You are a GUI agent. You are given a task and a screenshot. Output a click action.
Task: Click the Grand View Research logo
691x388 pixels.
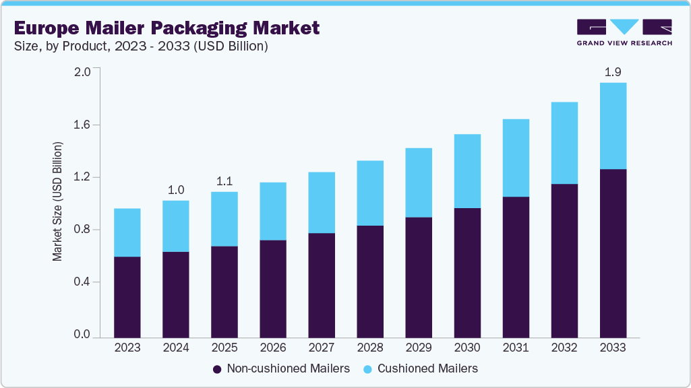tap(624, 32)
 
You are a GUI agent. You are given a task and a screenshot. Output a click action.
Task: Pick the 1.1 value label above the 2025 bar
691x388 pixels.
tap(224, 181)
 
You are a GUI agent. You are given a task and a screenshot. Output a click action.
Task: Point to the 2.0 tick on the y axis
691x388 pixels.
tap(81, 72)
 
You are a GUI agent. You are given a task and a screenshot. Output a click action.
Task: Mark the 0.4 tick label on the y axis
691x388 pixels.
tap(81, 282)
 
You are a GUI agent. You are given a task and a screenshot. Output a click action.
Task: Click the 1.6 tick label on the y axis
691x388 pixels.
tap(81, 125)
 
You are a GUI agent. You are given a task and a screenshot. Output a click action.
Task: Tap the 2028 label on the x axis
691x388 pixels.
tap(370, 348)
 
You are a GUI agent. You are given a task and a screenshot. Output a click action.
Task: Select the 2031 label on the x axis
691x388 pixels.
tap(516, 348)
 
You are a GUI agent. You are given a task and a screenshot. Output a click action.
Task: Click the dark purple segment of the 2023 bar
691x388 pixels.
tap(127, 296)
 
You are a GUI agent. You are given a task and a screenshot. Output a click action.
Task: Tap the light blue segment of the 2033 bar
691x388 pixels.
tap(613, 126)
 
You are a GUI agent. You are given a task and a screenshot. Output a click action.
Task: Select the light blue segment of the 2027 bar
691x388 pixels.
tap(322, 202)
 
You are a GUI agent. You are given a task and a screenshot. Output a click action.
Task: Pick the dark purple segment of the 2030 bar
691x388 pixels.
tap(467, 272)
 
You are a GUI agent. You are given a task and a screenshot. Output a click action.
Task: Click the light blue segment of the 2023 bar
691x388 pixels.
tap(127, 232)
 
